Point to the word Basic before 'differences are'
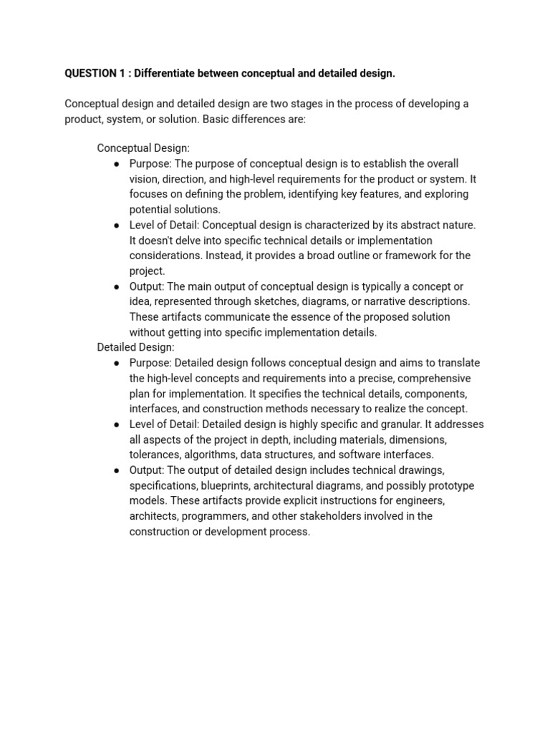pos(217,119)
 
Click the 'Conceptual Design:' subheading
pos(143,148)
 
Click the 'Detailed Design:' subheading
pos(136,347)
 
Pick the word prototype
pos(449,485)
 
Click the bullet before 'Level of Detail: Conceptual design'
pos(117,225)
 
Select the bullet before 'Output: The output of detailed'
pos(117,470)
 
